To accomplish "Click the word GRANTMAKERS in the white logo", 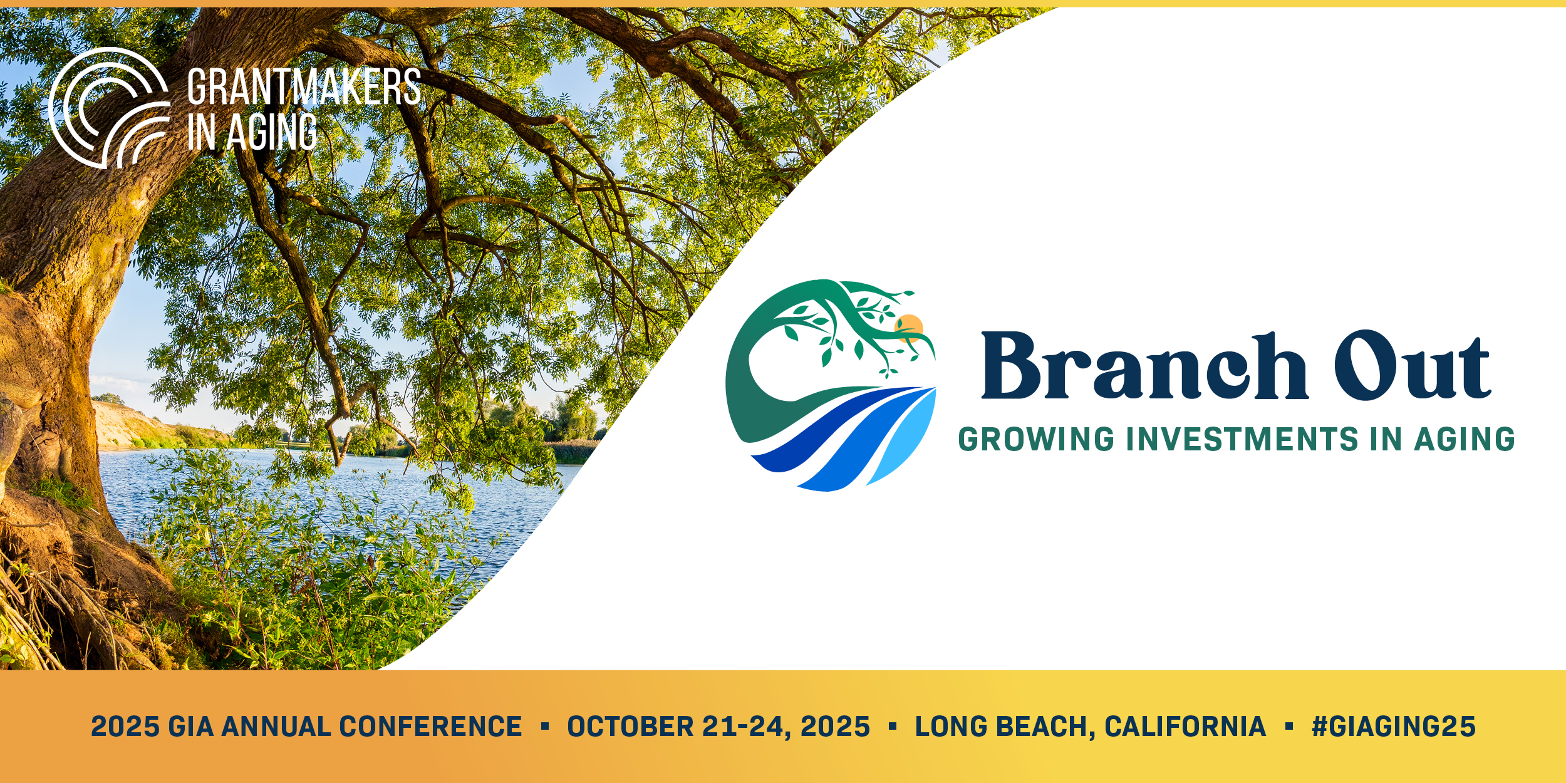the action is pyautogui.click(x=304, y=87).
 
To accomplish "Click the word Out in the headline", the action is pyautogui.click(x=1413, y=366).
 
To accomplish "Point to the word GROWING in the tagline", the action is pyautogui.click(x=1037, y=439).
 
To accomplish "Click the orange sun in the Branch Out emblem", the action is pyautogui.click(x=910, y=328).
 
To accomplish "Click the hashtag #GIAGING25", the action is pyautogui.click(x=1394, y=727).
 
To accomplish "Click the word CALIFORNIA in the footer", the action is pyautogui.click(x=1185, y=727).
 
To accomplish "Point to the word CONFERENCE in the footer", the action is pyautogui.click(x=430, y=727).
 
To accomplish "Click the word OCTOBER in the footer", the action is pyautogui.click(x=630, y=727).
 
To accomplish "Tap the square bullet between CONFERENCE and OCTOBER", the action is pyautogui.click(x=545, y=727).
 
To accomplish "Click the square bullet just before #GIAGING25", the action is pyautogui.click(x=1289, y=727).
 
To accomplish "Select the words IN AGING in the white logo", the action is pyautogui.click(x=252, y=132).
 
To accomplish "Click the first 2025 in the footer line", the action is pyautogui.click(x=125, y=727).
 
